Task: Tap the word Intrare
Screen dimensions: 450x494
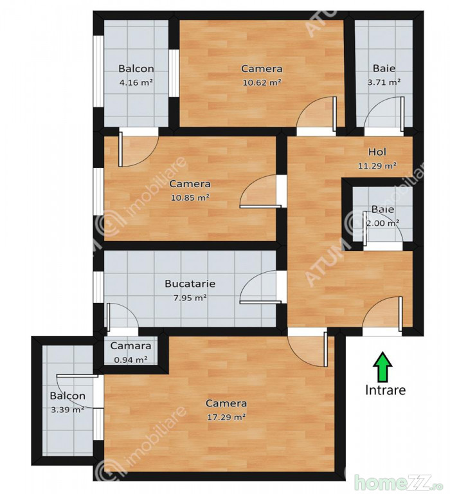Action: point(385,390)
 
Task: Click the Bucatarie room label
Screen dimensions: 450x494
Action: point(190,284)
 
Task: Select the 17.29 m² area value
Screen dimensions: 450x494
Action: point(226,417)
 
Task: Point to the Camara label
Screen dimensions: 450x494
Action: point(130,345)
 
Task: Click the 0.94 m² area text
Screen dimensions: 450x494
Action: point(130,359)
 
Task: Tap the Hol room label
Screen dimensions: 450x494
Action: point(377,152)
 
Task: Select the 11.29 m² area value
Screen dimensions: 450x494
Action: point(377,165)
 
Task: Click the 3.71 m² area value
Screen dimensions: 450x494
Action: point(384,82)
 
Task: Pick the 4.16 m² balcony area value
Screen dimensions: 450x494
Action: point(136,82)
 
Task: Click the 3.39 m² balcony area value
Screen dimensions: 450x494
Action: point(67,410)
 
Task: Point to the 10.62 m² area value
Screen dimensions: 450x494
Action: point(262,82)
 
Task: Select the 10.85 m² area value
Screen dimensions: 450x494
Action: point(190,197)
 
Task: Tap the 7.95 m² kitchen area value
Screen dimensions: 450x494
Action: point(190,297)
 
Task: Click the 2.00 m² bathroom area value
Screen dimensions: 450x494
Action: point(382,223)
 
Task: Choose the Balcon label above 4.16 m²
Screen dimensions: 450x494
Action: point(136,68)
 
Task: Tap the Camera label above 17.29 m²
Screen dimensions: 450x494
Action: point(226,403)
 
